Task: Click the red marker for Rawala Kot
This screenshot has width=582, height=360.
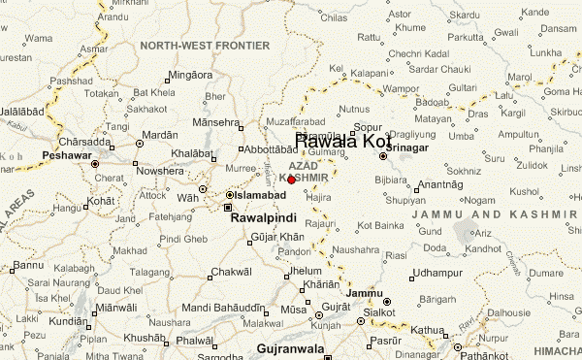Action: pos(291,179)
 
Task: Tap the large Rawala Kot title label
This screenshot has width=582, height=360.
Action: pos(342,142)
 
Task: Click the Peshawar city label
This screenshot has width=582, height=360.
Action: pos(65,155)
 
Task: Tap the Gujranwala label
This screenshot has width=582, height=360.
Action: pos(296,347)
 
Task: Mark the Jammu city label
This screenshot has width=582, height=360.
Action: pos(365,292)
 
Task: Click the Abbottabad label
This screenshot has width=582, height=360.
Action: pos(269,150)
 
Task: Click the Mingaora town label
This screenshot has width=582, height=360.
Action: pos(189,75)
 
